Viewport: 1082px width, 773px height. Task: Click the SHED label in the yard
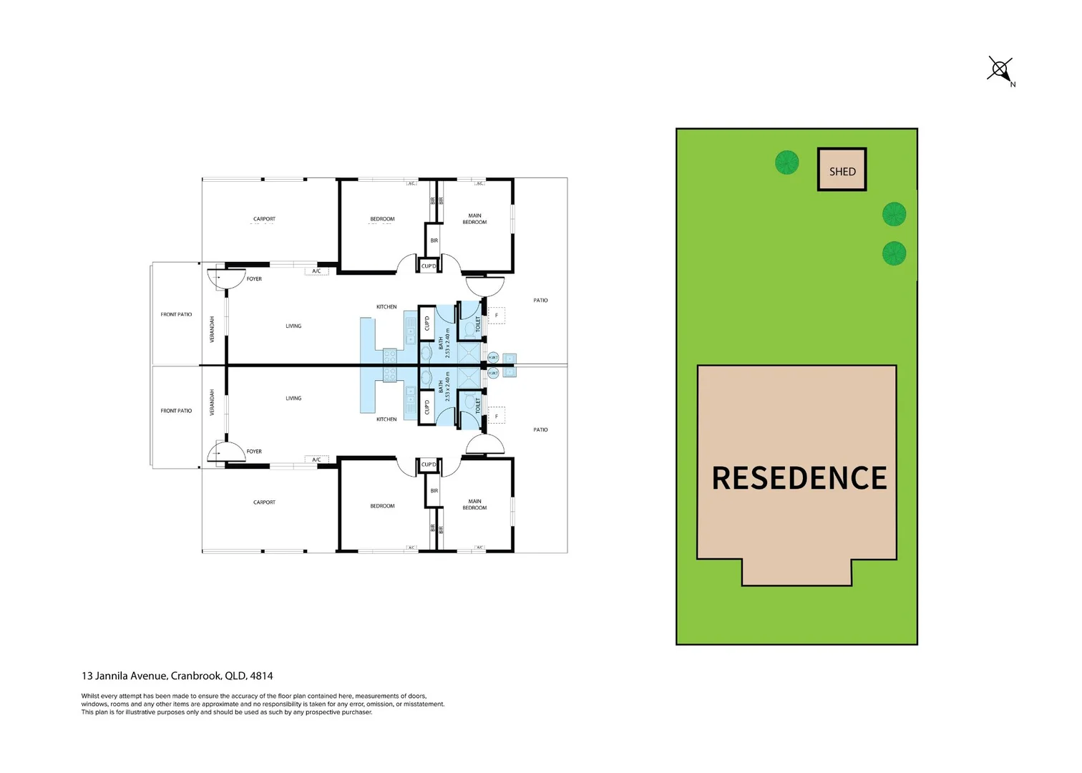(x=842, y=172)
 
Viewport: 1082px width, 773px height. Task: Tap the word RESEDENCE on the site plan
(x=799, y=478)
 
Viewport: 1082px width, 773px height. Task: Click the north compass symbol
(x=1000, y=69)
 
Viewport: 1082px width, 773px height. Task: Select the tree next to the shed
(x=786, y=162)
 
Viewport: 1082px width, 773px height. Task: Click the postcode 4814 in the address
(x=261, y=676)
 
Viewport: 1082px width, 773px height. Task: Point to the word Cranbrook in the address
(x=195, y=676)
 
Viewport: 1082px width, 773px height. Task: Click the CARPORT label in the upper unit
(x=264, y=219)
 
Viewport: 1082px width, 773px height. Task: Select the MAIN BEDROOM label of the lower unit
(x=474, y=505)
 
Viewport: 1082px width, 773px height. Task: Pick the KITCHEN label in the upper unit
(x=386, y=307)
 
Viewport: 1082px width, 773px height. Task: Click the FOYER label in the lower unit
(x=254, y=452)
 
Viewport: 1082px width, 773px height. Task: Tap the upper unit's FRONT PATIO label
(x=176, y=314)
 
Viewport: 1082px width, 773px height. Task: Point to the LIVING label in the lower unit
(x=293, y=398)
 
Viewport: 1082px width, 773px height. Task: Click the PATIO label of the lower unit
(x=540, y=429)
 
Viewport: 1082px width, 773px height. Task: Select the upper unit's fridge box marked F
(x=497, y=315)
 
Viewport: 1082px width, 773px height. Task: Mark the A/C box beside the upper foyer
(x=316, y=271)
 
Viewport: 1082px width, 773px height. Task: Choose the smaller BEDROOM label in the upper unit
(x=382, y=219)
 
